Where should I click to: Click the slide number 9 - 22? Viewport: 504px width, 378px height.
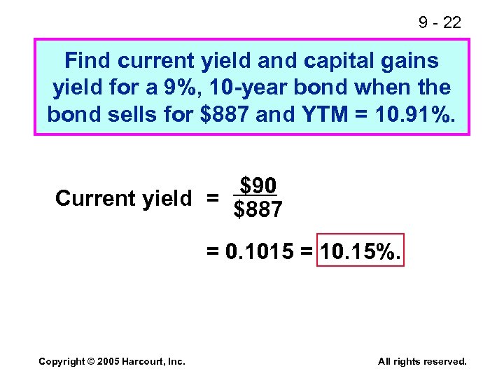point(440,22)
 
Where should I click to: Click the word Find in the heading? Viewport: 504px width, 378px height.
point(88,61)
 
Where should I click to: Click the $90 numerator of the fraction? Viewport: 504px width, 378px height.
point(258,185)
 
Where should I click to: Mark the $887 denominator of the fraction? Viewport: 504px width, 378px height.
point(258,209)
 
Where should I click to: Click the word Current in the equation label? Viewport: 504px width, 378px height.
point(95,198)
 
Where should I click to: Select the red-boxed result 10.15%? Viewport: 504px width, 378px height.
point(360,251)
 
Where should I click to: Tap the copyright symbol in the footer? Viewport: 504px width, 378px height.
point(92,361)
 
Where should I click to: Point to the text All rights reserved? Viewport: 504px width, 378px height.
point(421,361)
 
